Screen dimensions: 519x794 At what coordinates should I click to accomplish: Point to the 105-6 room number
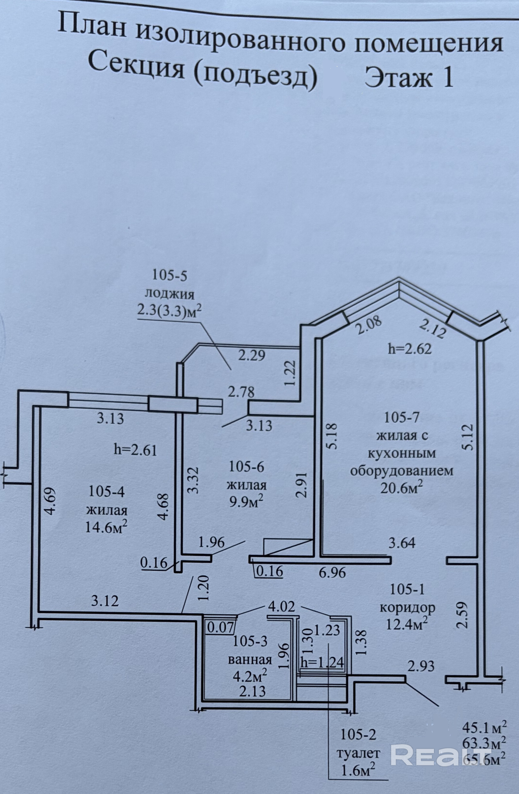coord(247,467)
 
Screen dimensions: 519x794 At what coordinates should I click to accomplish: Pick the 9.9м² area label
coord(247,501)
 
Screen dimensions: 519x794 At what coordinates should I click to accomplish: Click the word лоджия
coord(170,294)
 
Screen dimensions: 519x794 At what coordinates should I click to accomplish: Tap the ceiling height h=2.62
coord(410,349)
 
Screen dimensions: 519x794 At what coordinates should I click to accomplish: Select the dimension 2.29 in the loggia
coord(252,355)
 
